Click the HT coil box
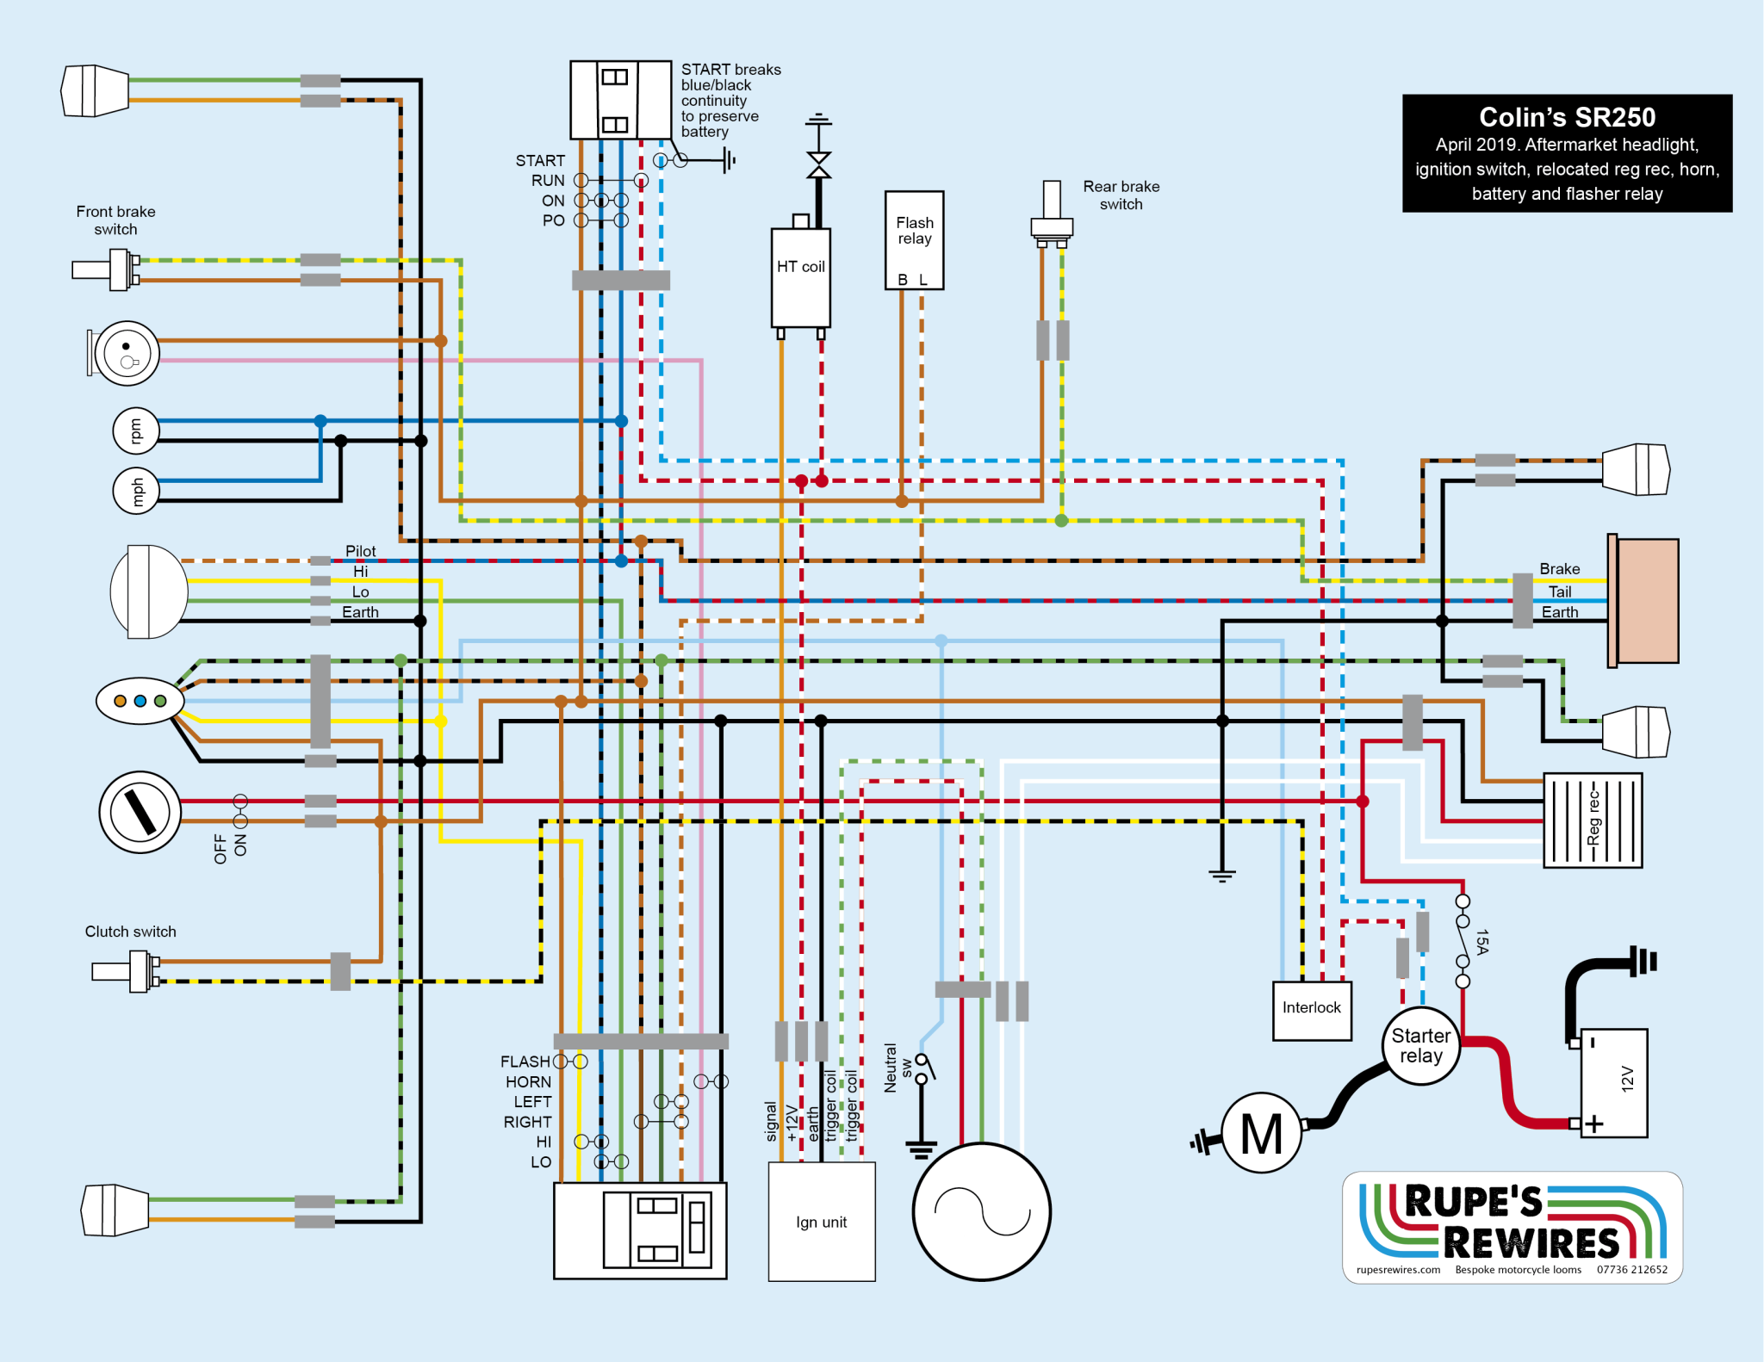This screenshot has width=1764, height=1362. point(800,277)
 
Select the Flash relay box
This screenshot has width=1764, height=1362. point(914,240)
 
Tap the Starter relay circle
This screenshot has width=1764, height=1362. point(1420,1045)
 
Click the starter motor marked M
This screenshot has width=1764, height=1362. point(1261,1133)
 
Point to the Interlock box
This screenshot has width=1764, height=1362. point(1311,1010)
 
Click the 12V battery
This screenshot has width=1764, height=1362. point(1613,1082)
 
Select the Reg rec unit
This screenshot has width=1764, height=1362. point(1592,820)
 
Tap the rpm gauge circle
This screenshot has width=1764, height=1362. point(136,430)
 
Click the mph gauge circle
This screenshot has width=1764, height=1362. point(136,491)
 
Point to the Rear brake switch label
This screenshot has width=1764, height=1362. point(1121,195)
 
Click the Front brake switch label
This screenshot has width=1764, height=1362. point(115,220)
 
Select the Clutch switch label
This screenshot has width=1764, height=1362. point(130,932)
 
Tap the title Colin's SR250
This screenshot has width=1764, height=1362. point(1567,117)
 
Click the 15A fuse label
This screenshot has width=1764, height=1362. point(1481,941)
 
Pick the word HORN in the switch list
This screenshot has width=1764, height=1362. point(528,1082)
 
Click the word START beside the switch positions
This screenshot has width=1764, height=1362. point(540,161)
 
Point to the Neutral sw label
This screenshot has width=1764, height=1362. point(898,1068)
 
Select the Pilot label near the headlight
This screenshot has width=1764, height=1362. point(360,551)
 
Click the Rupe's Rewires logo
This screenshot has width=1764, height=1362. point(1512,1227)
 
